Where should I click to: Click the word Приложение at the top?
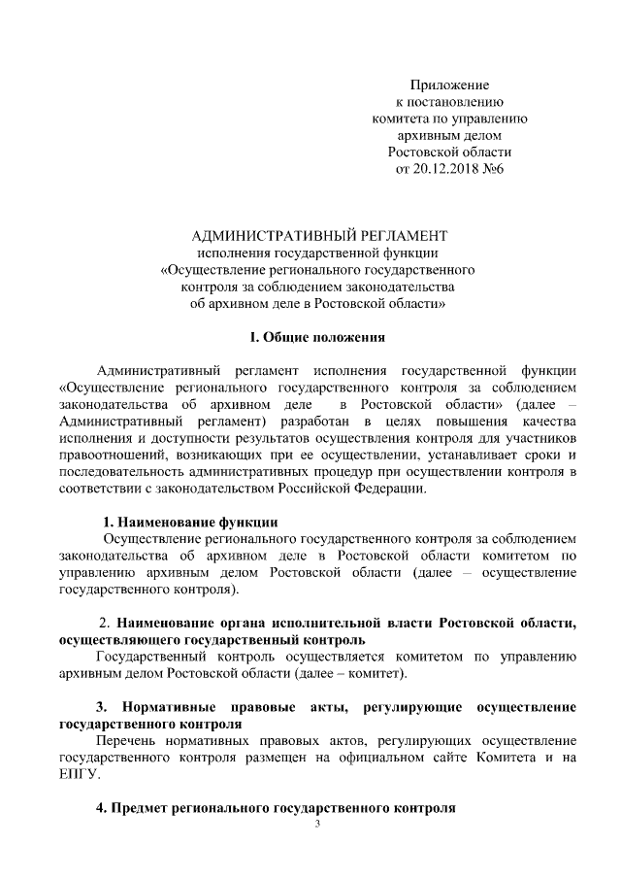449,85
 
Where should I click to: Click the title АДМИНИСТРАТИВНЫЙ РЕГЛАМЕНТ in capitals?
319,235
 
